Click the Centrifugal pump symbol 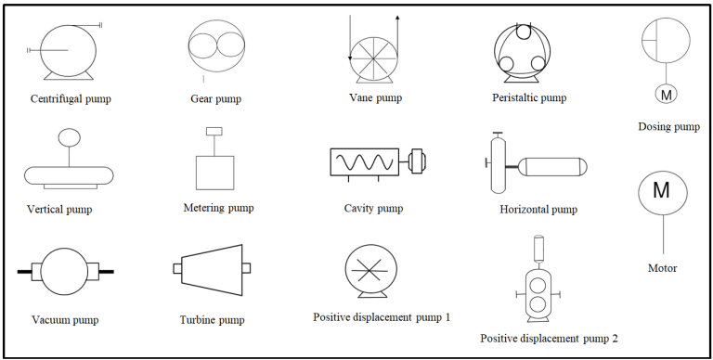click(68, 50)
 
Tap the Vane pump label click(374, 96)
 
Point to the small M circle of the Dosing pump click(666, 94)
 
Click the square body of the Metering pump click(214, 172)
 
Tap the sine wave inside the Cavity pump click(367, 163)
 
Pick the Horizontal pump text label click(538, 210)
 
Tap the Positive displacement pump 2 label click(549, 339)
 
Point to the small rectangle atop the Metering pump click(214, 131)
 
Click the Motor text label click(661, 268)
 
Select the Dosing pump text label click(668, 126)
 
